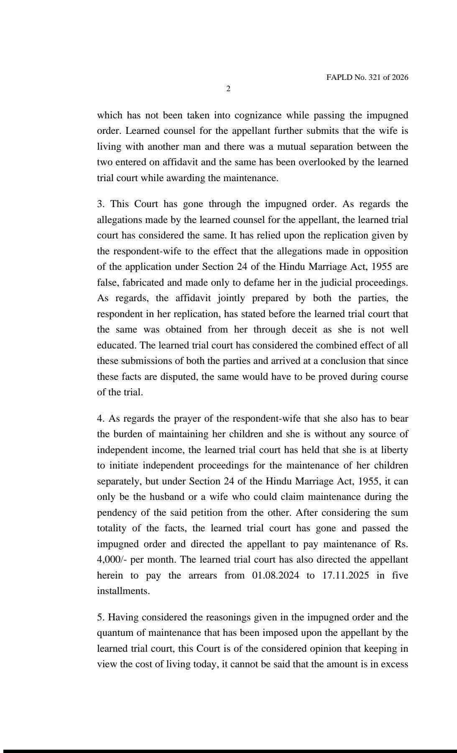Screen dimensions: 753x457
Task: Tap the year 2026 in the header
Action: pyautogui.click(x=400, y=77)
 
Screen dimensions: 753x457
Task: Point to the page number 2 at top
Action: pyautogui.click(x=228, y=89)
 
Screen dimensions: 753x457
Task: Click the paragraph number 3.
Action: pyautogui.click(x=100, y=204)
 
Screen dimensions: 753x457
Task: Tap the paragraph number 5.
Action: pyautogui.click(x=100, y=617)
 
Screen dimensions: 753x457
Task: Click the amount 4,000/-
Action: pyautogui.click(x=112, y=560)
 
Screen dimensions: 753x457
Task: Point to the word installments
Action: pyautogui.click(x=123, y=591)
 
